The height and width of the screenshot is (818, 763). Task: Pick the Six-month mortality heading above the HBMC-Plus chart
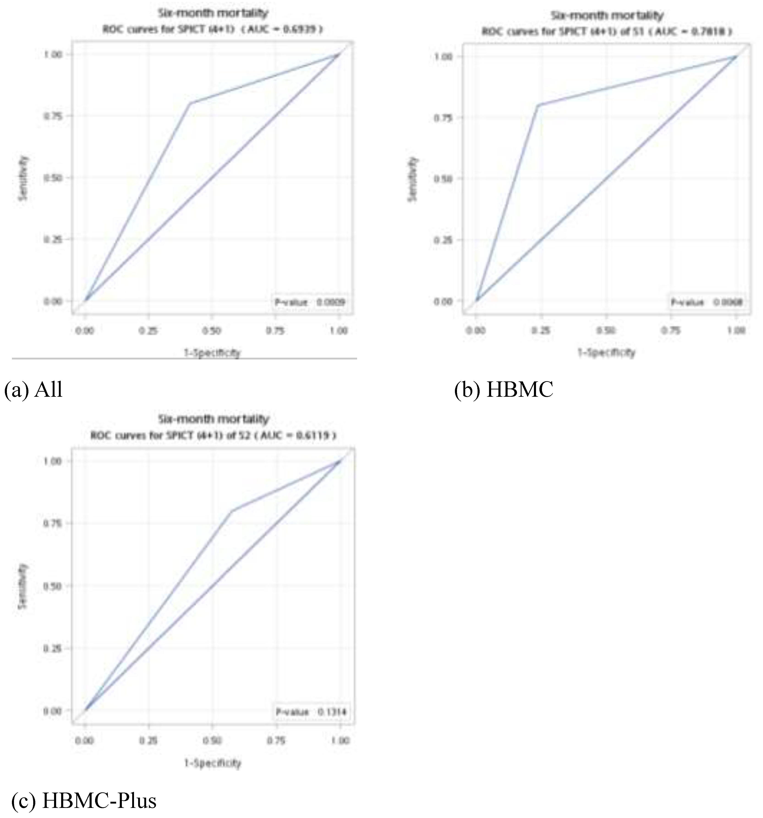pyautogui.click(x=213, y=419)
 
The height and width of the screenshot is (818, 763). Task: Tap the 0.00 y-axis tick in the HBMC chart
pyautogui.click(x=443, y=301)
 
